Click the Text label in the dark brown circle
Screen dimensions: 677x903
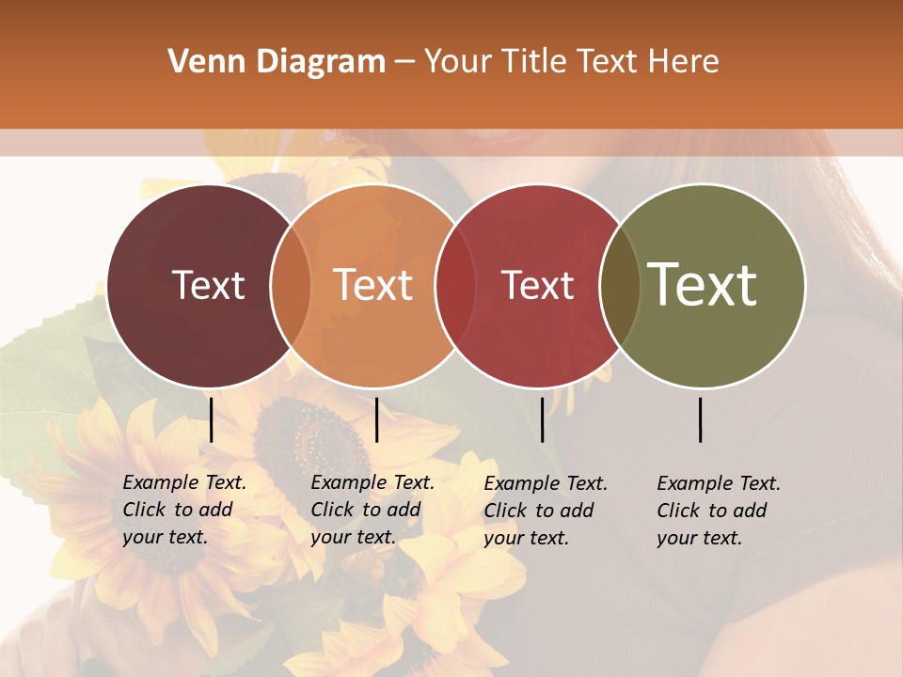(208, 285)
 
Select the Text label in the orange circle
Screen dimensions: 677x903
(373, 285)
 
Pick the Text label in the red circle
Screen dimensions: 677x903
(537, 285)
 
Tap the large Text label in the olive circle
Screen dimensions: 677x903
(703, 285)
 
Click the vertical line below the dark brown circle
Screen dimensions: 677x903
(211, 419)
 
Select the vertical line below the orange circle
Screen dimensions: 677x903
(376, 419)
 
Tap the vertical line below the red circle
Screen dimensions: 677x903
(542, 419)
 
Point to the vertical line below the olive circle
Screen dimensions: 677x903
(701, 419)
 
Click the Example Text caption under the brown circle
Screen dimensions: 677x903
(184, 510)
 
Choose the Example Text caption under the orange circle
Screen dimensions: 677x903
(372, 510)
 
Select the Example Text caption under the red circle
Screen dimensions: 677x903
(546, 511)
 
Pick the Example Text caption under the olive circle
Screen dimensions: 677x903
(719, 511)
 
